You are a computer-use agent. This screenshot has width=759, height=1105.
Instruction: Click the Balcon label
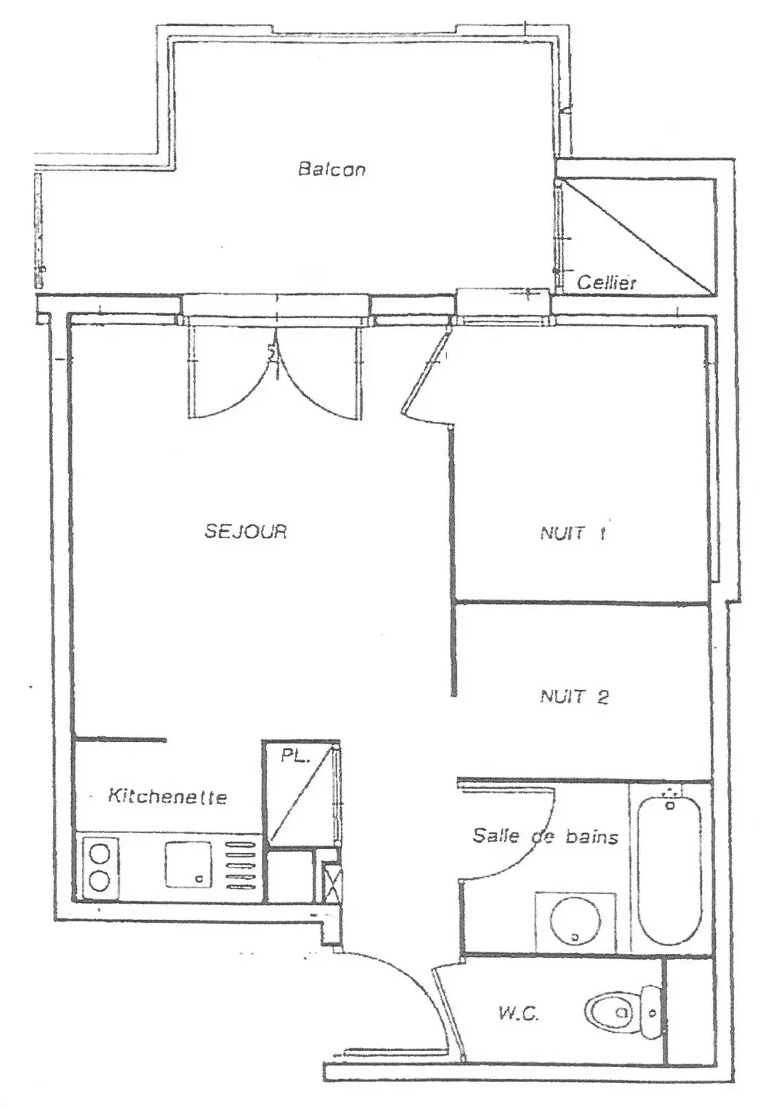click(332, 170)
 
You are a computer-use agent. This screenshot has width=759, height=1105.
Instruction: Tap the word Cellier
click(606, 283)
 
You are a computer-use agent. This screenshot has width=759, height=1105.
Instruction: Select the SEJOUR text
click(245, 531)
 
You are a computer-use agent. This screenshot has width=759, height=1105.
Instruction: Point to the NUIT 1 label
click(573, 533)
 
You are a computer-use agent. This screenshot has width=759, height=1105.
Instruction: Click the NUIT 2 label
click(574, 696)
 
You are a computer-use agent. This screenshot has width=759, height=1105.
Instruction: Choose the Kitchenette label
click(167, 796)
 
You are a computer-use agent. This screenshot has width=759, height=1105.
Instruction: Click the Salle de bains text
click(545, 836)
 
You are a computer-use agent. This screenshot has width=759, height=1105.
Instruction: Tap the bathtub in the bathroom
click(670, 868)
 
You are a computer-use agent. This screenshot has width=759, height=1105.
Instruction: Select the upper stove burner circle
click(100, 852)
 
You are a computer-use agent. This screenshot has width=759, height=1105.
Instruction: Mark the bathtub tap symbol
click(670, 803)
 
